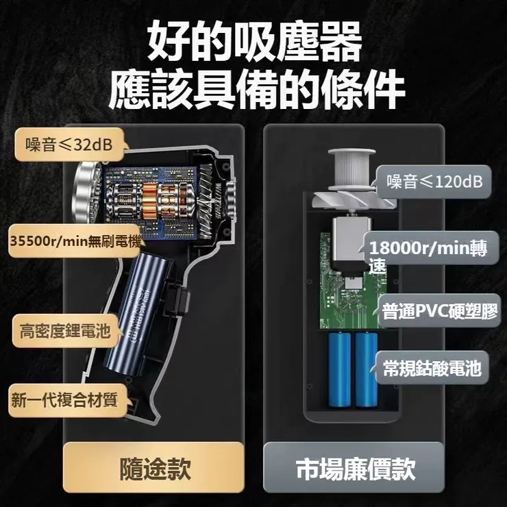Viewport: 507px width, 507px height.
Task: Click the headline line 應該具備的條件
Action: point(254,89)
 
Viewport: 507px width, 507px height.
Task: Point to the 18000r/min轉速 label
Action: point(426,256)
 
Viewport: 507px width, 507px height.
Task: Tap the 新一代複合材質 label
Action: point(64,401)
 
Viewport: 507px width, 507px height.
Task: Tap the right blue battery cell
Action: point(364,371)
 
